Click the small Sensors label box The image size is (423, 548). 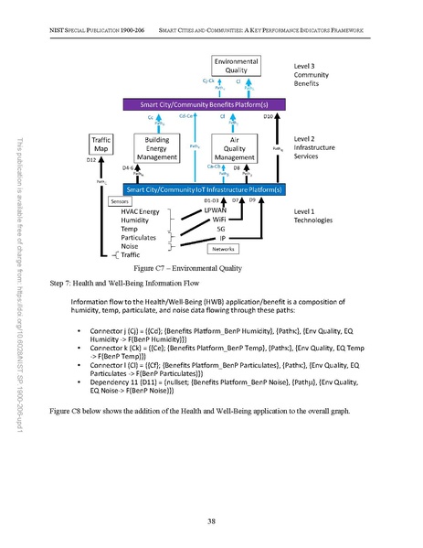point(120,201)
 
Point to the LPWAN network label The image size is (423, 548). point(216,210)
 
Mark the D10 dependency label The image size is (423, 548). point(269,117)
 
